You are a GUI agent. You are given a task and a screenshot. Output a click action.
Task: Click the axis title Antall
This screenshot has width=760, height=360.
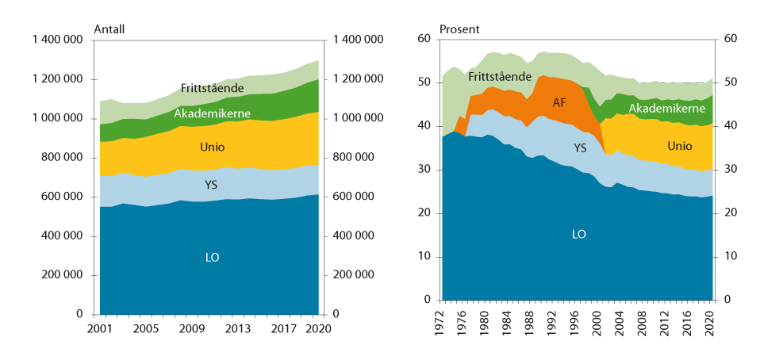pyautogui.click(x=109, y=29)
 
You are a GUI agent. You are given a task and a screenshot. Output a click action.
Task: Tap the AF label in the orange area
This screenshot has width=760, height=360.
pyautogui.click(x=559, y=103)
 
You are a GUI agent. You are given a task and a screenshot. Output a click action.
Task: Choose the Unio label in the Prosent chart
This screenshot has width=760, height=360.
pyautogui.click(x=680, y=146)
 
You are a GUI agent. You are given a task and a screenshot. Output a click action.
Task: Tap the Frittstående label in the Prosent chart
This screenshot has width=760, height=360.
pyautogui.click(x=499, y=77)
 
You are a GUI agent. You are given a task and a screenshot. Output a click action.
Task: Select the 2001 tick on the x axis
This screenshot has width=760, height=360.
pyautogui.click(x=100, y=327)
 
